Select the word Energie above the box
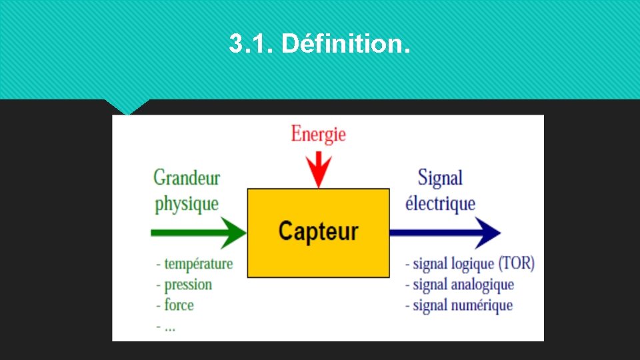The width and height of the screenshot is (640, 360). (318, 134)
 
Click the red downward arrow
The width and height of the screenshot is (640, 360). (319, 169)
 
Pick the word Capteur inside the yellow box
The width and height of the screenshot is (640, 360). (318, 231)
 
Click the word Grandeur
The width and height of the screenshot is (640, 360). (187, 177)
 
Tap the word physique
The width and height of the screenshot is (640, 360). (187, 203)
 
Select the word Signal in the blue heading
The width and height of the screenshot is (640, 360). (440, 178)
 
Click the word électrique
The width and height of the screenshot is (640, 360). (440, 203)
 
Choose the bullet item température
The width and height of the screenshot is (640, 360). (198, 263)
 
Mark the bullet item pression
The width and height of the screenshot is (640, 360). (188, 285)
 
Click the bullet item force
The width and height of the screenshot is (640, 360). (179, 305)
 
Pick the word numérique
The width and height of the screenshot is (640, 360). (481, 305)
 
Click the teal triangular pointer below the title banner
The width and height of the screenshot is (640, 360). (127, 106)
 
